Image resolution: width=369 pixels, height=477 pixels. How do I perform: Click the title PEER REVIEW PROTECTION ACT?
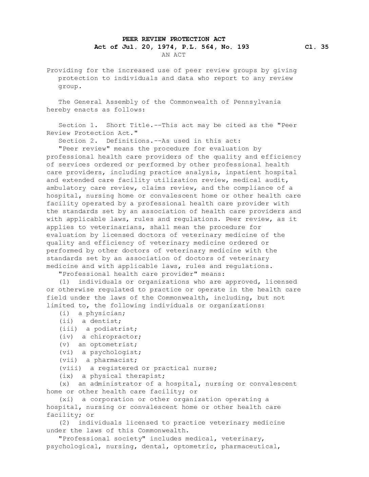click(174, 39)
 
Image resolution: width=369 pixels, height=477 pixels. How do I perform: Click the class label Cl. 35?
click(316, 47)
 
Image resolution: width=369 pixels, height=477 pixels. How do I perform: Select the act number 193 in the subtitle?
click(243, 47)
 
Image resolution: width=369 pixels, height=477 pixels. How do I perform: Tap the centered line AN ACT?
click(174, 55)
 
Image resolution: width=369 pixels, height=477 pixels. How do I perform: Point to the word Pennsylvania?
click(257, 102)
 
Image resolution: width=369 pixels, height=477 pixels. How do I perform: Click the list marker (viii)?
click(70, 368)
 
